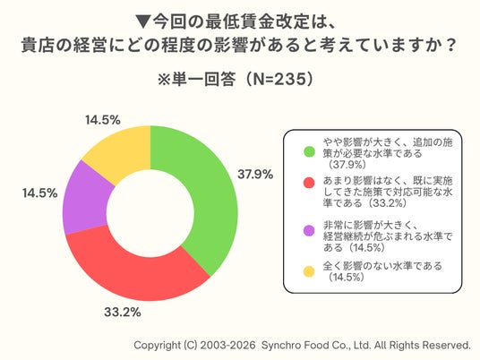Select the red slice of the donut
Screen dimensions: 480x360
(134, 276)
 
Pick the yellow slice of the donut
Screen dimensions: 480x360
(123, 150)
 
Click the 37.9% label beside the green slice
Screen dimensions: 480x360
(255, 175)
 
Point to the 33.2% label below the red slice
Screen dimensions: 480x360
(123, 313)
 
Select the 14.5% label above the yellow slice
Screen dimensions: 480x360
(103, 120)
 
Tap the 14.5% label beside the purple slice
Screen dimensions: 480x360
(39, 193)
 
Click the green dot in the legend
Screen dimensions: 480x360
(309, 152)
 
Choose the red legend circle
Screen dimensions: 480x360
(309, 183)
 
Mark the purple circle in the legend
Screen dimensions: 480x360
(309, 230)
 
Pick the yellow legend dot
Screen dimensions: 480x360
(309, 271)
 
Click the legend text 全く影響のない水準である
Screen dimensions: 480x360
(382, 266)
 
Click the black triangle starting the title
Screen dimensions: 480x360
(143, 22)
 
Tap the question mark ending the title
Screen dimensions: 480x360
(450, 46)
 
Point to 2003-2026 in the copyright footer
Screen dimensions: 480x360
(227, 346)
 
